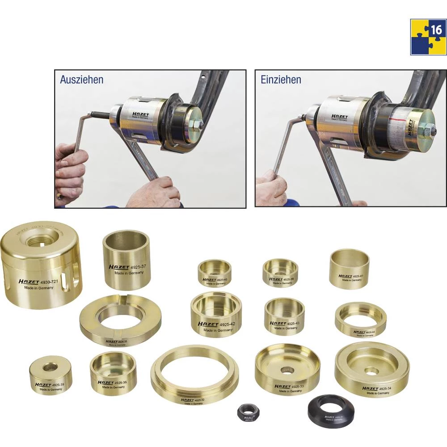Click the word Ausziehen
tap(81, 80)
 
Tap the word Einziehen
tap(281, 80)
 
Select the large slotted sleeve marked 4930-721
tap(41, 268)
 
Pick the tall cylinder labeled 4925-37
tap(127, 260)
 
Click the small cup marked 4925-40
tap(215, 273)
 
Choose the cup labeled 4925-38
tap(280, 273)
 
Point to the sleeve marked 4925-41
tap(350, 269)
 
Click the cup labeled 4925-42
tap(216, 315)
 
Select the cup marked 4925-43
tap(284, 316)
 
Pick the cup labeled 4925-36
tap(113, 373)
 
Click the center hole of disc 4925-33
tap(287, 370)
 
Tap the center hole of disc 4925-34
tap(371, 371)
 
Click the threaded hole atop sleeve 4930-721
tap(38, 242)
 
